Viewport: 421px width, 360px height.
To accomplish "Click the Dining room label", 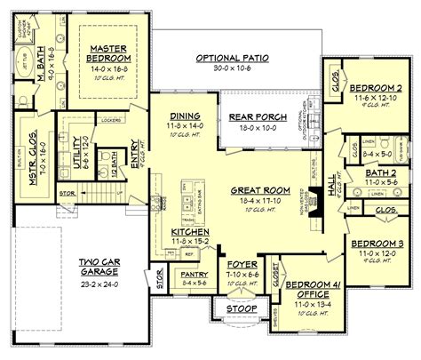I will [183, 116].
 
